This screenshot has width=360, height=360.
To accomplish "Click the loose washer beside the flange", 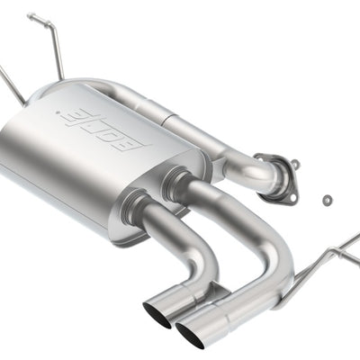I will click(x=325, y=198).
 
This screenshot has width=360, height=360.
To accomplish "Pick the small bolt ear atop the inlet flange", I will click(x=294, y=165).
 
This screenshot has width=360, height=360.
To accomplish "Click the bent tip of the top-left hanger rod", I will click(x=32, y=16).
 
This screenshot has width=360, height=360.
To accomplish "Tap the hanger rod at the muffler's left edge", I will click(x=11, y=85).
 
